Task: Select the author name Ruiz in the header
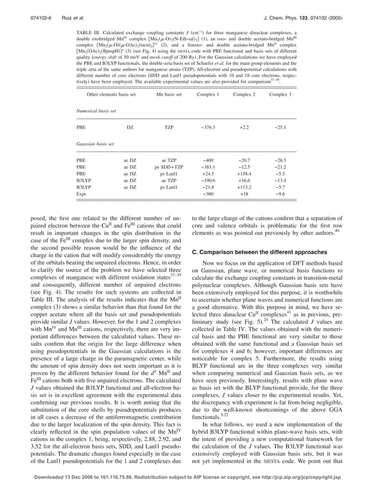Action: [67, 9]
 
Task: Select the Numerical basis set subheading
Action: [96, 110]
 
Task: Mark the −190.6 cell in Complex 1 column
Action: [208, 181]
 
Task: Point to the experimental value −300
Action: [208, 194]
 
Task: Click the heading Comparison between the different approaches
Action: [247, 252]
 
